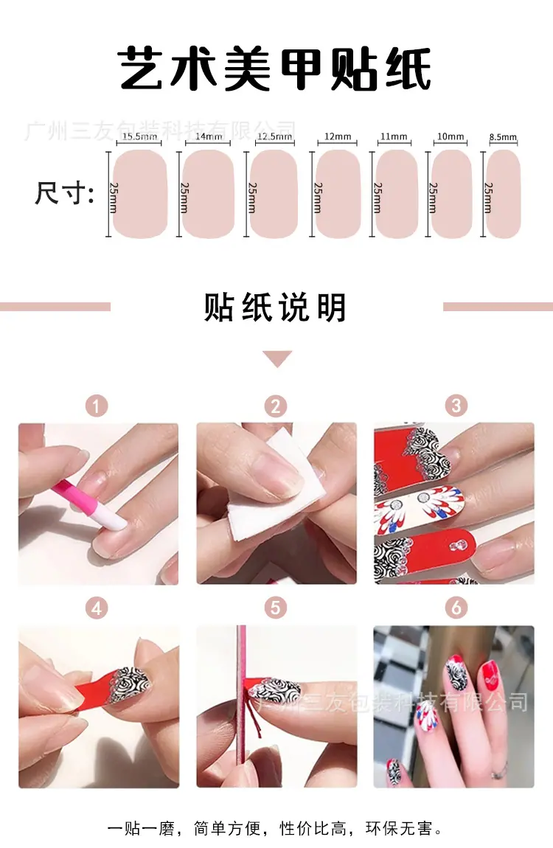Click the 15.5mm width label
click(x=139, y=136)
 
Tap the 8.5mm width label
click(x=503, y=137)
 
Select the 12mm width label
click(x=337, y=136)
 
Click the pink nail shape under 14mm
click(x=208, y=194)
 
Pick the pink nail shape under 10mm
click(x=451, y=194)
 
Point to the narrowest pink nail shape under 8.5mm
click(x=503, y=194)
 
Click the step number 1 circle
click(x=97, y=406)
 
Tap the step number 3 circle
click(x=456, y=406)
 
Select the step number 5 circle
click(x=276, y=608)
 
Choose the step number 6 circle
click(x=456, y=608)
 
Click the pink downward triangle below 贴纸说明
click(x=276, y=358)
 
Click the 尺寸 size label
click(x=64, y=193)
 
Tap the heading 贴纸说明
click(x=275, y=307)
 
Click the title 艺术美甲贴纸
click(x=275, y=69)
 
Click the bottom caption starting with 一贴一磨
click(x=276, y=828)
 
